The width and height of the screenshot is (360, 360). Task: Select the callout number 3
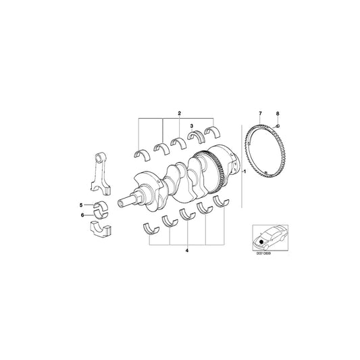[191, 126]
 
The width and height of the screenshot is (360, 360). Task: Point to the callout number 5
[80, 204]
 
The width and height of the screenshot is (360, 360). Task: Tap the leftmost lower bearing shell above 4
[153, 226]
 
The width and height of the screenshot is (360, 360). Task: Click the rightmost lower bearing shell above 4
[220, 204]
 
